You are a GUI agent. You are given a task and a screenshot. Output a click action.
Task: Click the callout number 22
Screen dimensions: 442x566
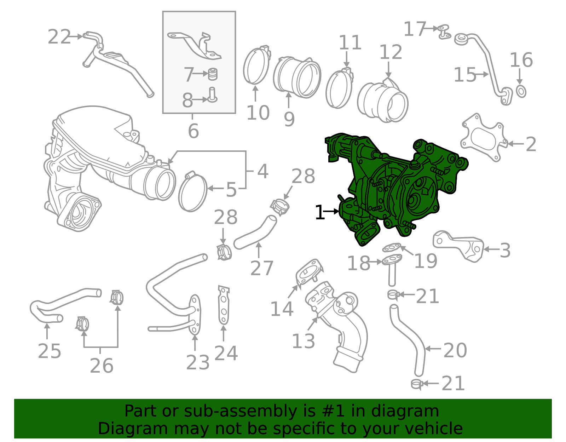pos(59,37)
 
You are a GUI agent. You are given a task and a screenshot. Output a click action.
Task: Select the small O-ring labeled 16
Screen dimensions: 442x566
pos(521,91)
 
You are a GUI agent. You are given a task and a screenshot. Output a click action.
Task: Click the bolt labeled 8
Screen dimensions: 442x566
pos(212,95)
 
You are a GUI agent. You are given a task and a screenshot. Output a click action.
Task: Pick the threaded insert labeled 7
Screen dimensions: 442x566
pos(212,74)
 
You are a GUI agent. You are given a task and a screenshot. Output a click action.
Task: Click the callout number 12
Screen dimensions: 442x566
pos(391,52)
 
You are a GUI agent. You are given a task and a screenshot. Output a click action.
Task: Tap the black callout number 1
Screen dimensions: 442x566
pos(320,213)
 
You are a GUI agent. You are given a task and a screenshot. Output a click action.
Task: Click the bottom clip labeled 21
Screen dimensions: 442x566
pos(417,384)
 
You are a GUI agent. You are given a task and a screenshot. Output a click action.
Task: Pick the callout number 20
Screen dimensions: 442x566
pos(455,350)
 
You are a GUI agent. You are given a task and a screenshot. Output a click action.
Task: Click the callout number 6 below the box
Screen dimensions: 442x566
pos(193,131)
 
